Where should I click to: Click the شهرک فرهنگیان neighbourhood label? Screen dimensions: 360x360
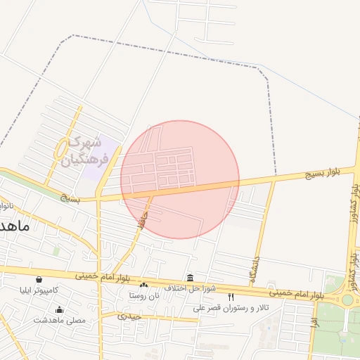click(82, 151)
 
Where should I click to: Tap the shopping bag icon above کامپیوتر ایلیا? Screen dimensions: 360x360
click(39, 280)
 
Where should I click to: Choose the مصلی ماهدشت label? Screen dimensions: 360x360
click(60, 320)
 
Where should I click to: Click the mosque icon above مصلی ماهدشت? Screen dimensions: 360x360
click(60, 309)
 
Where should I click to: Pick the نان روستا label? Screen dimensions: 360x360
click(144, 295)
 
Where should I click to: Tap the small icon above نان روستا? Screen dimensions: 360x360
click(144, 285)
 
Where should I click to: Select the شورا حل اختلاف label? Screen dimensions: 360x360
click(189, 288)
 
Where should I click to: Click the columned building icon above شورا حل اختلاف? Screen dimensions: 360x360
click(190, 278)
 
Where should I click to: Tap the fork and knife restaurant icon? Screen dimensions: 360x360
click(231, 297)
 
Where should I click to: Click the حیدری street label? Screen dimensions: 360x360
click(129, 316)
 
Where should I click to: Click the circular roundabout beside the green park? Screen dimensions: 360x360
click(347, 300)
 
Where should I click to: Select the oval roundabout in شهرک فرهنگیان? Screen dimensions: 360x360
click(62, 148)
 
